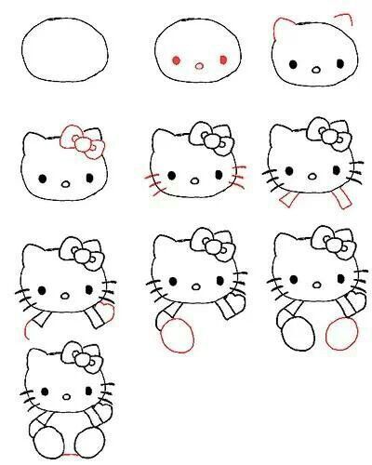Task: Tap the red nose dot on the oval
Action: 198,65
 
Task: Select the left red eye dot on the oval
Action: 176,60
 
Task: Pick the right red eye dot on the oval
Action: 223,60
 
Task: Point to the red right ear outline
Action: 346,20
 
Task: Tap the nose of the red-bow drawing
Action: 65,184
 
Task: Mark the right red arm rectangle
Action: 344,198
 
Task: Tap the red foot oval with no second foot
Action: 174,336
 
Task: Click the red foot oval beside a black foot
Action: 341,331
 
